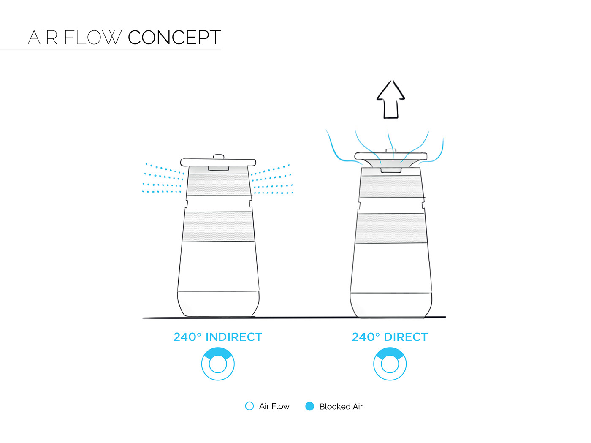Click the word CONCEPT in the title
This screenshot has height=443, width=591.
tap(174, 38)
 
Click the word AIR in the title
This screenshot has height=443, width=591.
tap(43, 38)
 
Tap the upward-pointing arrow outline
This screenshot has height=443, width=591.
tap(391, 100)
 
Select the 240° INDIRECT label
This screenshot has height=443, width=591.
tap(218, 337)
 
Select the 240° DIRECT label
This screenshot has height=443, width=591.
tap(390, 337)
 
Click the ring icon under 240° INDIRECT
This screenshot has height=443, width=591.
tap(218, 364)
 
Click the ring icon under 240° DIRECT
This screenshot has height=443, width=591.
tap(390, 364)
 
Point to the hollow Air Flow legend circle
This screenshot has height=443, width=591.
tap(249, 406)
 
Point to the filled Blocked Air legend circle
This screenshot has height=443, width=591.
tap(310, 406)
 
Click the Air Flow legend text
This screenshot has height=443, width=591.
tap(274, 406)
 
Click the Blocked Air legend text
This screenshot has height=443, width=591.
tap(341, 407)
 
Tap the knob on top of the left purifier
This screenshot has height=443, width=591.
tap(218, 157)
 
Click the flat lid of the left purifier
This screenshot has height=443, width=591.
tap(218, 162)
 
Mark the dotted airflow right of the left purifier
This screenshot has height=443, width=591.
tap(272, 181)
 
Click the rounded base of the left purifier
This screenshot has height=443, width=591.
tap(218, 303)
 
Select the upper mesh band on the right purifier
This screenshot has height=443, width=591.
tap(391, 186)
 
